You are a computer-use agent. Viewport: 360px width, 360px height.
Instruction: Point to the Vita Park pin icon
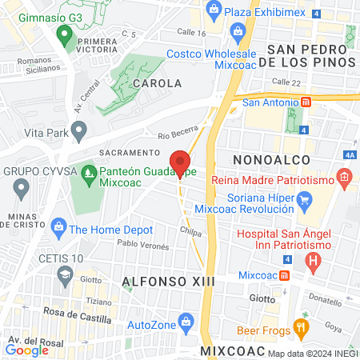pyautogui.click(x=78, y=128)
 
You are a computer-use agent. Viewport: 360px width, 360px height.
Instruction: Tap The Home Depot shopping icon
pyautogui.click(x=58, y=229)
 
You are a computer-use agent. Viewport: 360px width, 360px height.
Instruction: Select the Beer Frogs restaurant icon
pyautogui.click(x=301, y=326)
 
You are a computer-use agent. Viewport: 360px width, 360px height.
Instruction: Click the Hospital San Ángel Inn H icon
pyautogui.click(x=314, y=260)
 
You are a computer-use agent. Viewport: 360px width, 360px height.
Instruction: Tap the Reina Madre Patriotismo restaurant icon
pyautogui.click(x=345, y=177)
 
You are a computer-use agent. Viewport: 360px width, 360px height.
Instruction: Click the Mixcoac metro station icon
pyautogui.click(x=285, y=275)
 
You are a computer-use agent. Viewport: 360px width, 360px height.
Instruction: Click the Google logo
pyautogui.click(x=26, y=350)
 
